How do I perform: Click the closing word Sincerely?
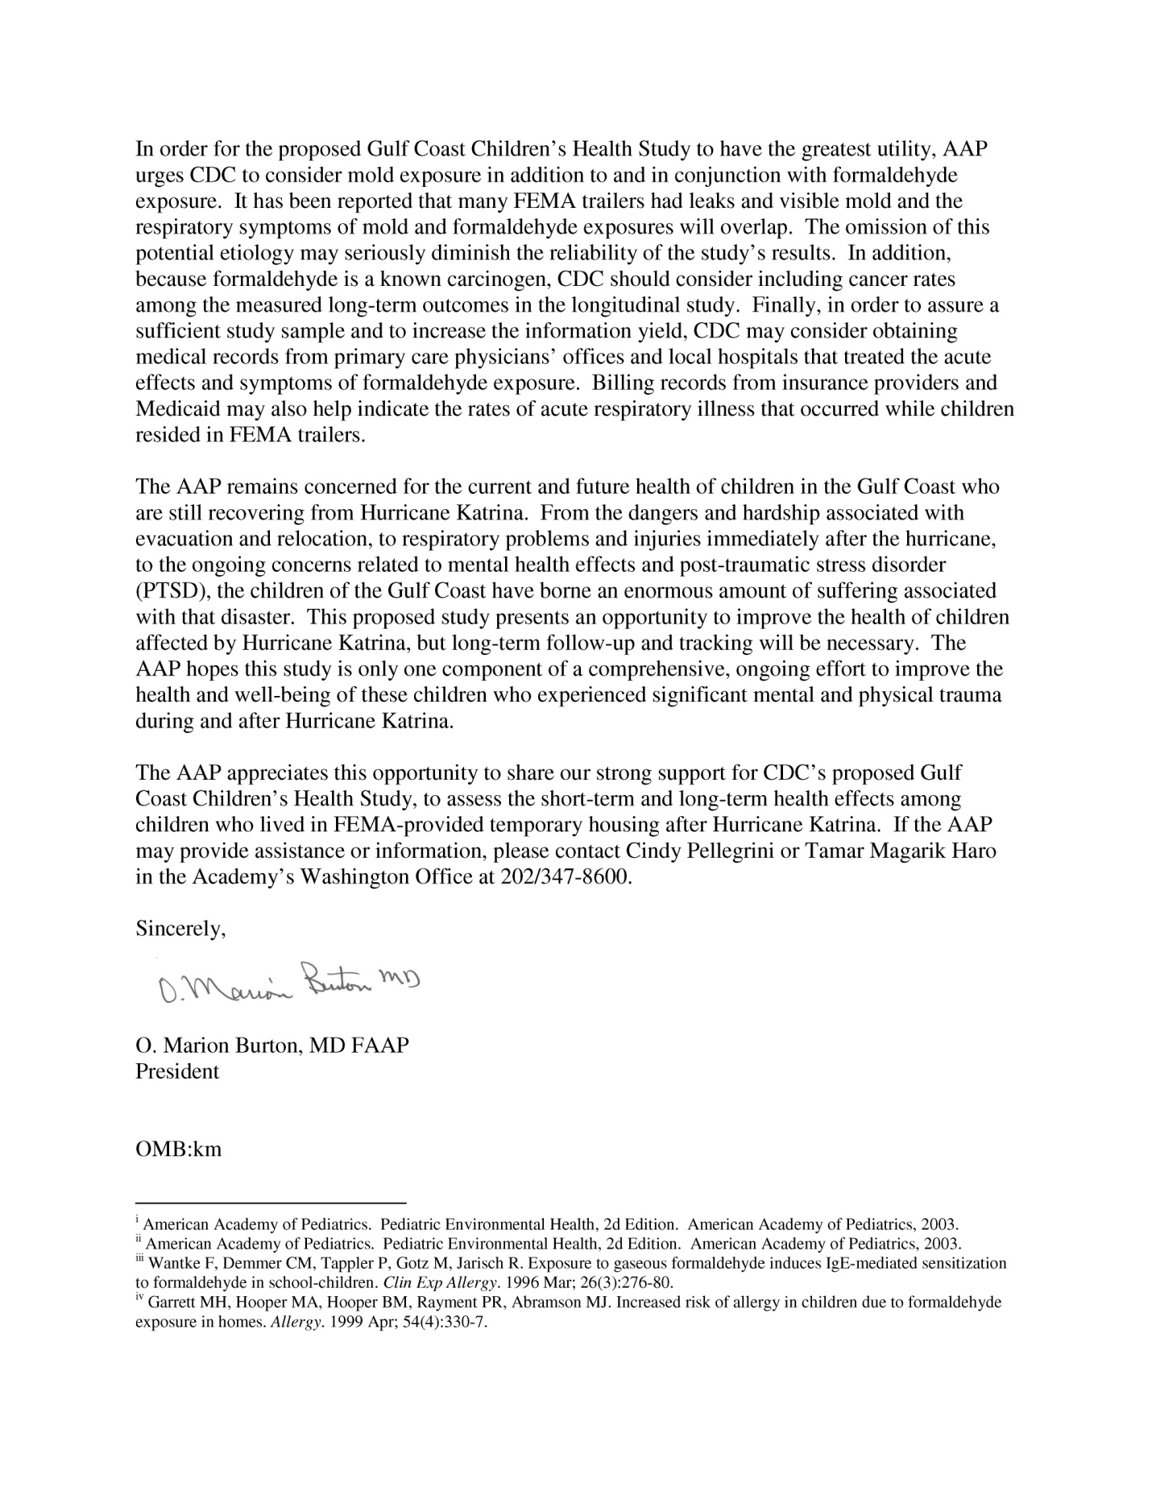tap(180, 929)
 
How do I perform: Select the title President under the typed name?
tap(177, 1071)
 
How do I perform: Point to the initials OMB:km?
tap(178, 1149)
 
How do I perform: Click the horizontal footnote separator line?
tap(270, 1203)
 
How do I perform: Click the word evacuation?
tap(182, 539)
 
